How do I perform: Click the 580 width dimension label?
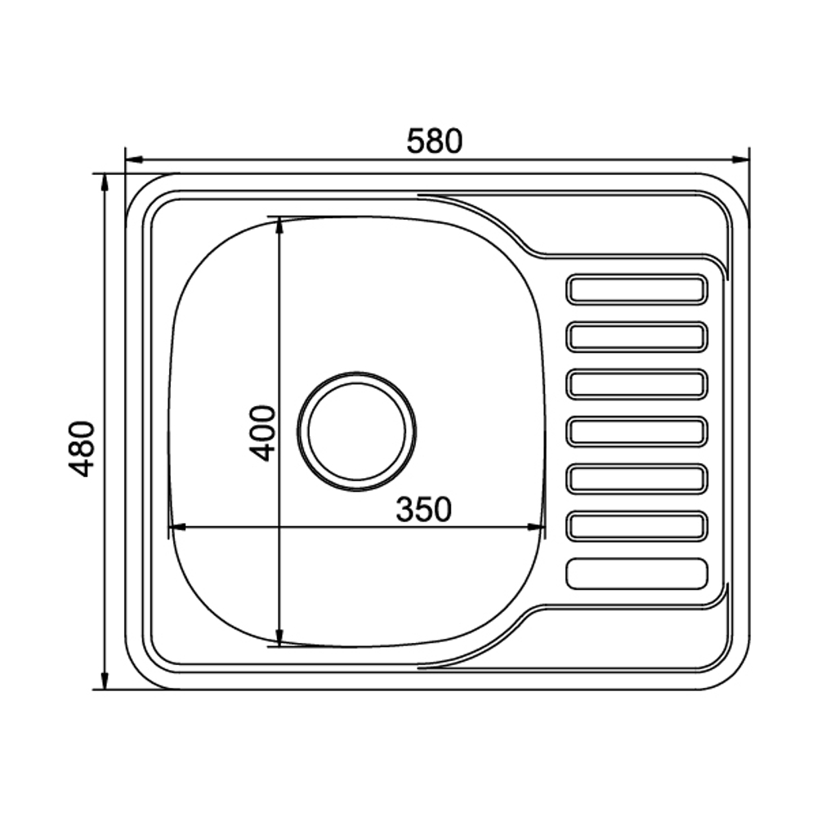pos(435,141)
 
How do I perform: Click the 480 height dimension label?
pos(83,449)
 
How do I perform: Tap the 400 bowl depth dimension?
pos(262,434)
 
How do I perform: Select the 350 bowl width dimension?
pos(423,509)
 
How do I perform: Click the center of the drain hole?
pos(357,431)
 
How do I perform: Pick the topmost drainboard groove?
pos(636,289)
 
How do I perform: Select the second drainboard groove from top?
pos(636,337)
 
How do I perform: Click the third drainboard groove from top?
pos(636,384)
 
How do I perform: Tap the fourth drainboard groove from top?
pos(636,431)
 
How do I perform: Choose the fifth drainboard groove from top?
pos(636,478)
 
